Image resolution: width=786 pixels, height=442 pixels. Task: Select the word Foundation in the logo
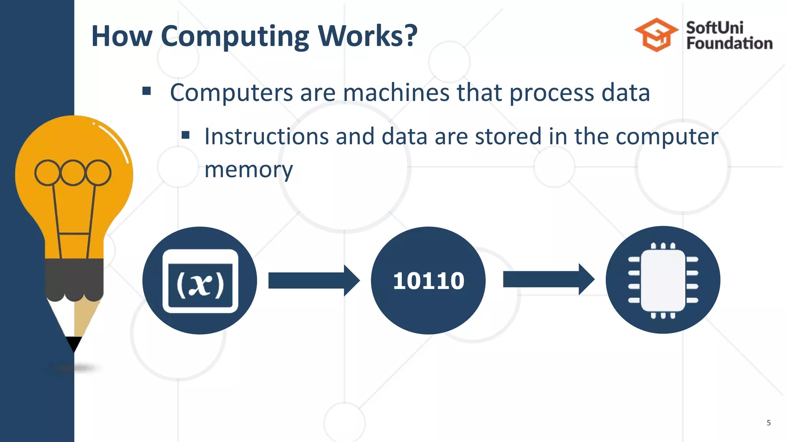(x=729, y=43)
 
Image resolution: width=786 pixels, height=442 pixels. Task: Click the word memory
(x=248, y=169)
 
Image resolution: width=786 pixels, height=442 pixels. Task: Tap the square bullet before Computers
(x=146, y=91)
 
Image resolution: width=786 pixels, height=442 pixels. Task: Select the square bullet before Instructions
(x=186, y=135)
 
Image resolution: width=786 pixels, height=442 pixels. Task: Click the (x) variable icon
(x=200, y=281)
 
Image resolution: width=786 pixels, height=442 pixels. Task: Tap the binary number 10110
(x=428, y=280)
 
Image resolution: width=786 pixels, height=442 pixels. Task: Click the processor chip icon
(x=663, y=280)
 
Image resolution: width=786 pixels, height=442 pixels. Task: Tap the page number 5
(x=768, y=423)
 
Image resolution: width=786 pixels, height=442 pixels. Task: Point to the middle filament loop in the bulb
(x=73, y=173)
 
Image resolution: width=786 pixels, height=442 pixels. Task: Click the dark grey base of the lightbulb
(x=74, y=278)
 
